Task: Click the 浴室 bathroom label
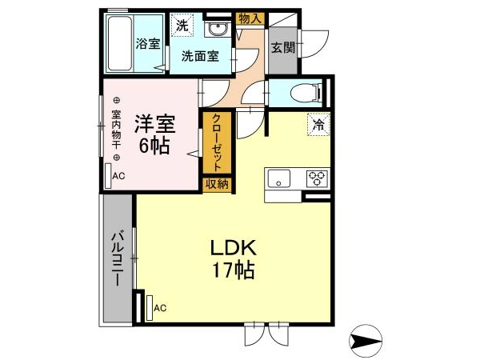pyautogui.click(x=148, y=44)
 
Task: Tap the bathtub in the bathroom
pyautogui.click(x=120, y=43)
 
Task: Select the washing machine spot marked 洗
pyautogui.click(x=182, y=26)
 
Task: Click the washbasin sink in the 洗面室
pyautogui.click(x=218, y=30)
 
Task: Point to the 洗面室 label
pyautogui.click(x=200, y=56)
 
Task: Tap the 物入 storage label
pyautogui.click(x=250, y=18)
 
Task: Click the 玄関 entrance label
pyautogui.click(x=283, y=47)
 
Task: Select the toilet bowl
pyautogui.click(x=304, y=93)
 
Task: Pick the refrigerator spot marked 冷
pyautogui.click(x=318, y=125)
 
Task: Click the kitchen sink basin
pyautogui.click(x=278, y=178)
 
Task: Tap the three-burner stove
pyautogui.click(x=317, y=178)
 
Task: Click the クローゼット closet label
pyautogui.click(x=217, y=142)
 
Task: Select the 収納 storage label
pyautogui.click(x=217, y=185)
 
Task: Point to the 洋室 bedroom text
pyautogui.click(x=154, y=123)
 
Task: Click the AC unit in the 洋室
pyautogui.click(x=108, y=176)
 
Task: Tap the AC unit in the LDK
pyautogui.click(x=150, y=308)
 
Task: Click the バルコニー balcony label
pyautogui.click(x=118, y=259)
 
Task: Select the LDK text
pyautogui.click(x=234, y=248)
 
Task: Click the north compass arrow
pyautogui.click(x=366, y=341)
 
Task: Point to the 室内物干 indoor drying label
pyautogui.click(x=116, y=129)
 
